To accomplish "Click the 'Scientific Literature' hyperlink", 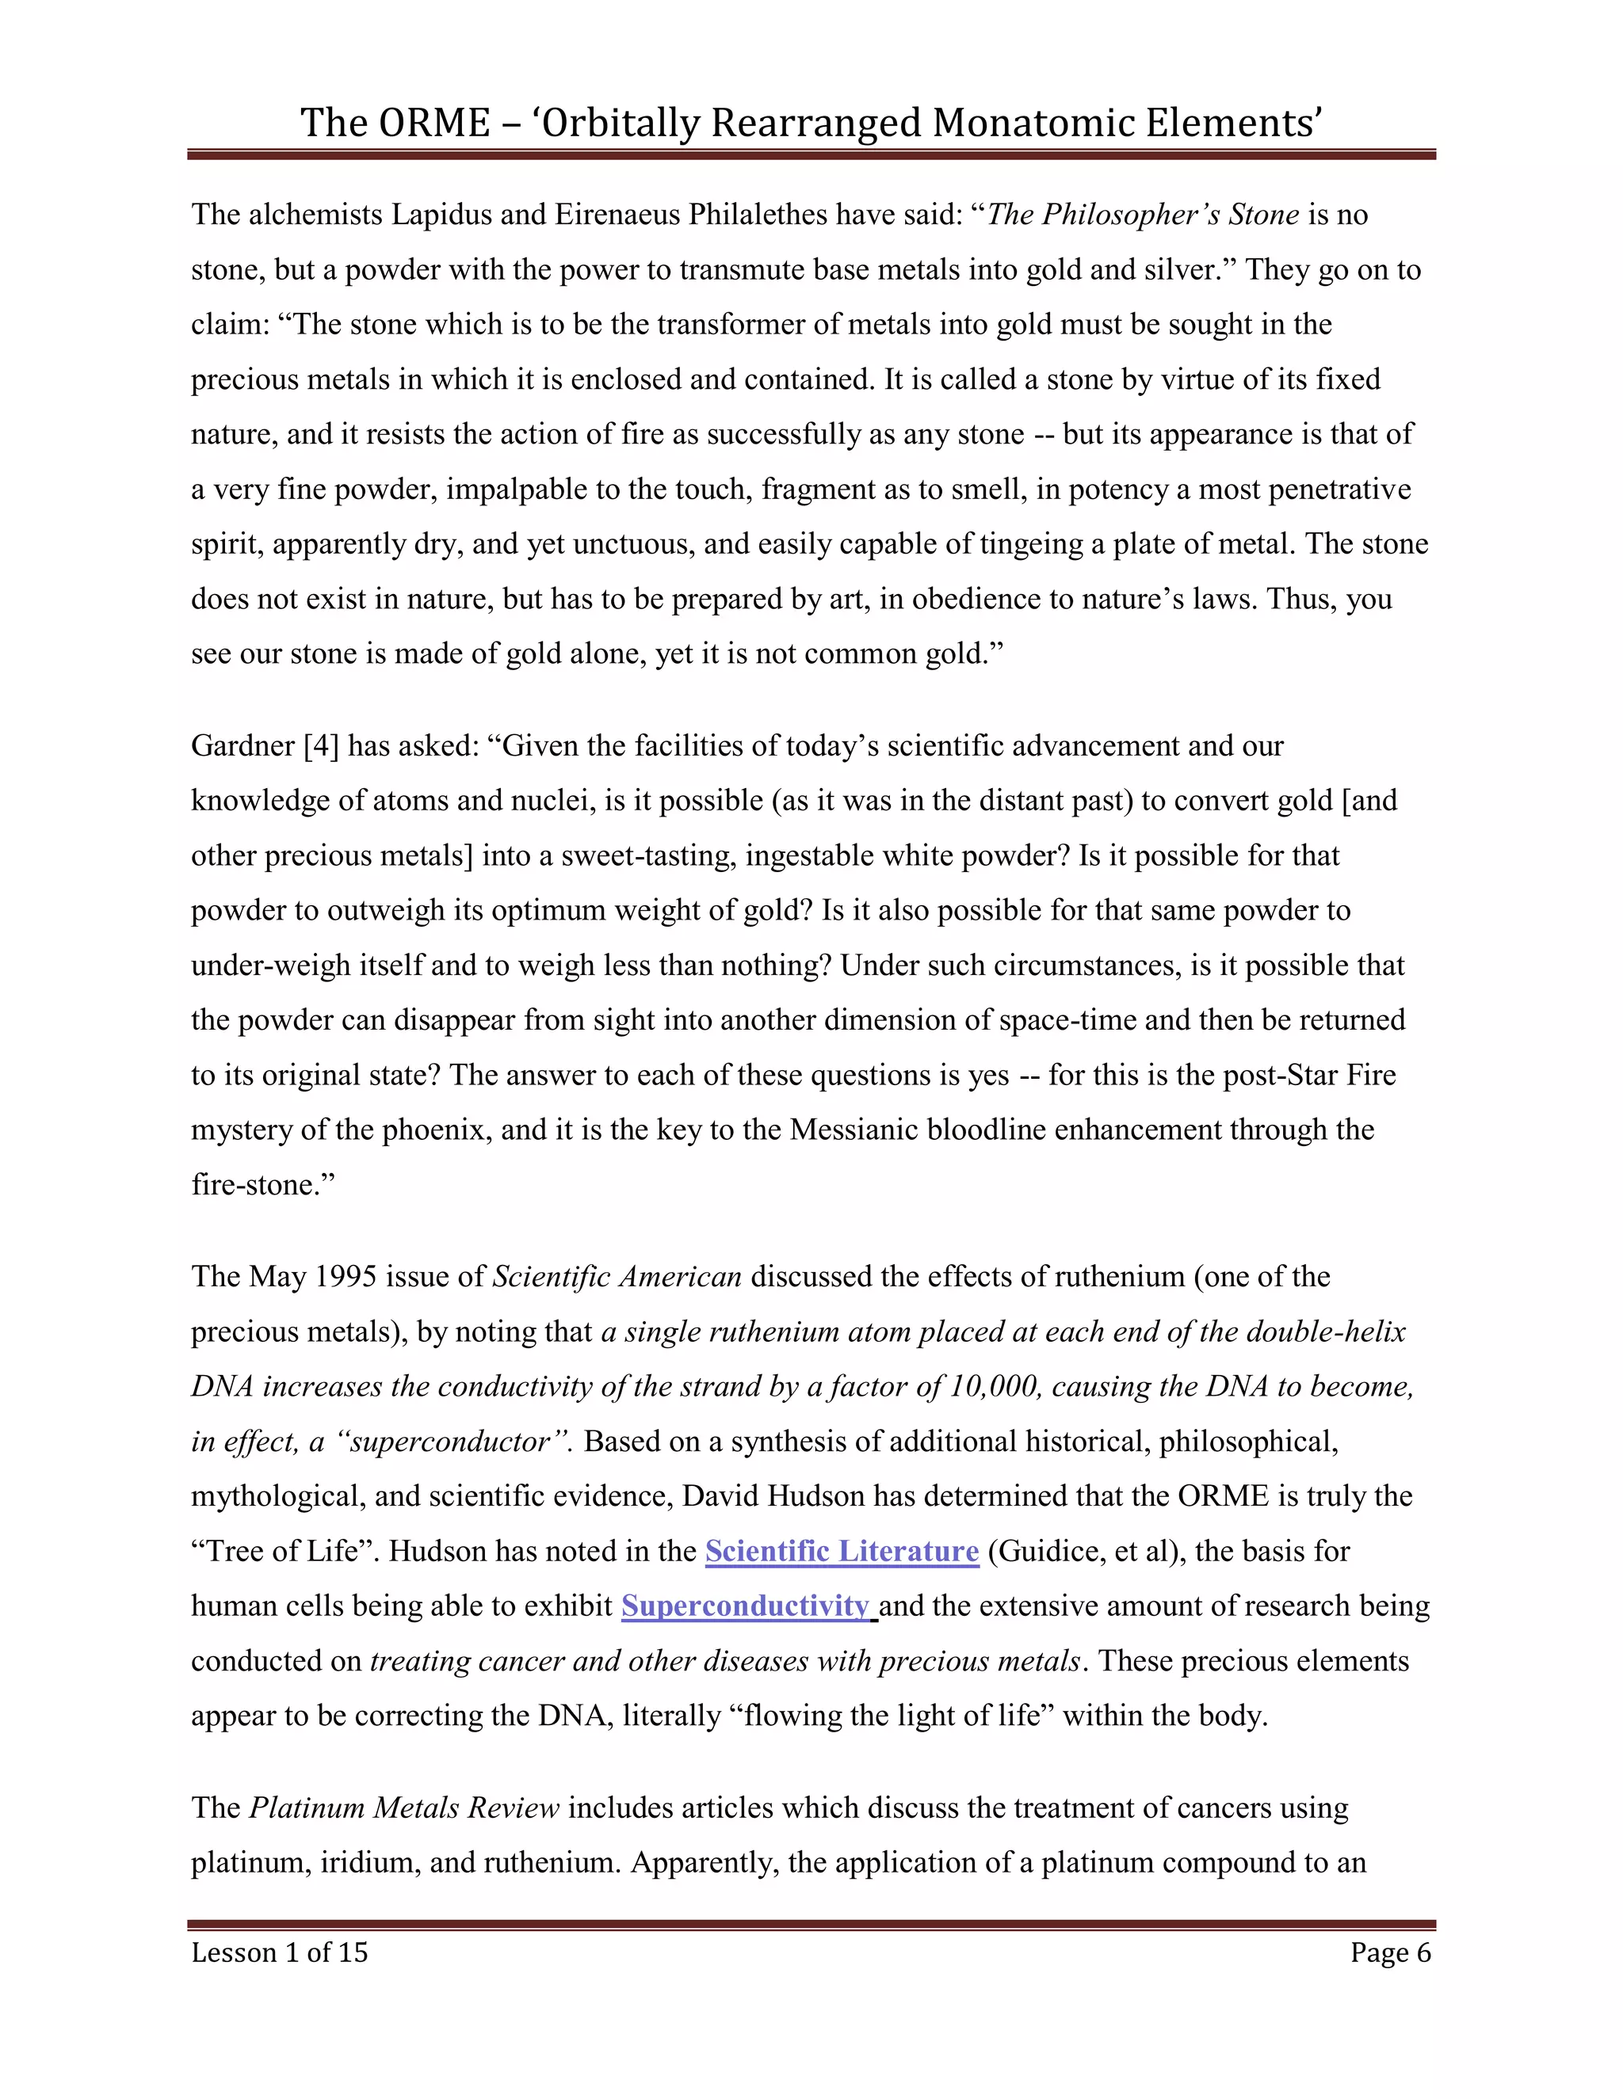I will point(842,1551).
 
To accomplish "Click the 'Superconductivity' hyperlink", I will point(745,1606).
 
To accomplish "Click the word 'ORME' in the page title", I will point(433,123).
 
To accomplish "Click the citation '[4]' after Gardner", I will point(321,746).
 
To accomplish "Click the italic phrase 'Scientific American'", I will point(617,1276).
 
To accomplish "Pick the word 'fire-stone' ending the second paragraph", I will point(255,1185).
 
